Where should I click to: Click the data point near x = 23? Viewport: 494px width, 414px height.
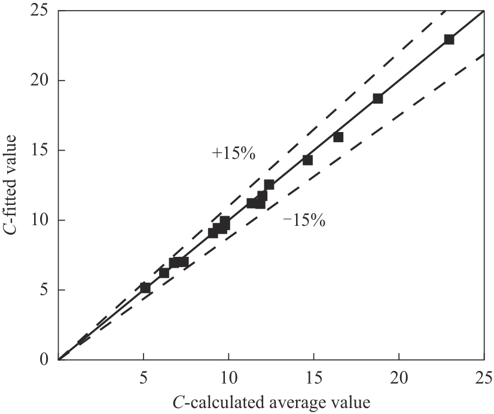coord(449,39)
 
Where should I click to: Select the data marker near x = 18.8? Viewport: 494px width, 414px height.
coord(378,99)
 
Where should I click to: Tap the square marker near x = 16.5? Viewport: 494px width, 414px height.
coord(339,137)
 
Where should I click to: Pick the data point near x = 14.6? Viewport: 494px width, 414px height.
coord(307,160)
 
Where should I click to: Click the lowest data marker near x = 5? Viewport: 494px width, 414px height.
coord(145,288)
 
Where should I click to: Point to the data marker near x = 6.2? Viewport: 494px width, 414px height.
coord(164,273)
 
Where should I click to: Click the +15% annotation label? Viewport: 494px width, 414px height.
coord(234,154)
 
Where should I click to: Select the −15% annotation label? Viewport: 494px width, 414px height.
coord(303,221)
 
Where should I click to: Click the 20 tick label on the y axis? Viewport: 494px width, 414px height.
coord(39,80)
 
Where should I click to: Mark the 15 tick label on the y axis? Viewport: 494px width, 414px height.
coord(39,150)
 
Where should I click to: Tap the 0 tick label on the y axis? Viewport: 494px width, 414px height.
coord(43,360)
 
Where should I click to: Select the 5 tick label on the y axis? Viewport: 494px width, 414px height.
coord(43,290)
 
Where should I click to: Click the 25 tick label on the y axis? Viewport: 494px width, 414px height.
coord(39,11)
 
